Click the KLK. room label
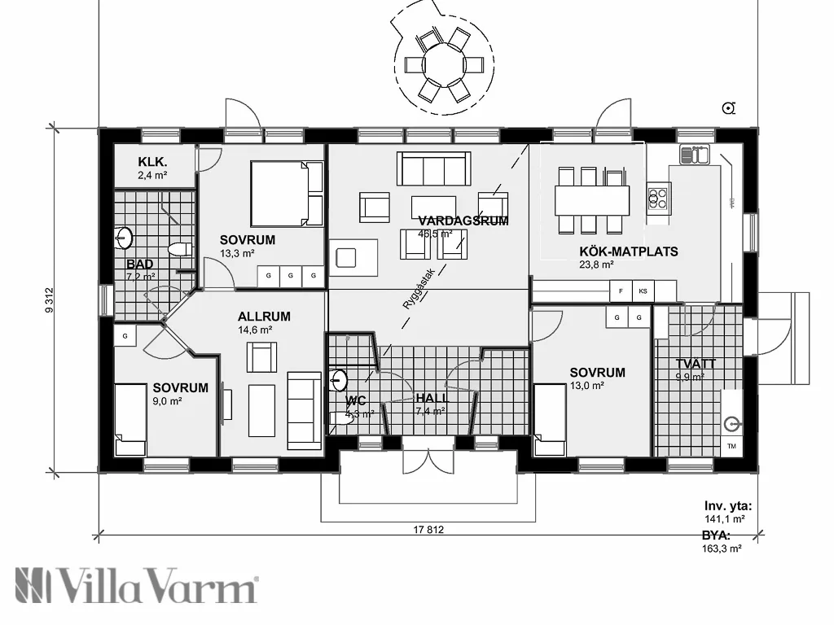coord(152,160)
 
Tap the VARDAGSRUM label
coord(463,221)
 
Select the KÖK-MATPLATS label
coord(629,251)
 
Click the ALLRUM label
coord(264,316)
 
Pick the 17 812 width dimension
coord(428,530)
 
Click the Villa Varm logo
coord(137,586)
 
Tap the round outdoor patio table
coord(443,64)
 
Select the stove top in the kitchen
coord(658,195)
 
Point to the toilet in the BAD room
coord(179,249)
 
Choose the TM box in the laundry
coord(731,447)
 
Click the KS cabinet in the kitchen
coord(643,291)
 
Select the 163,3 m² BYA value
coord(722,549)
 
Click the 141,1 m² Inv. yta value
coord(725,518)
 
